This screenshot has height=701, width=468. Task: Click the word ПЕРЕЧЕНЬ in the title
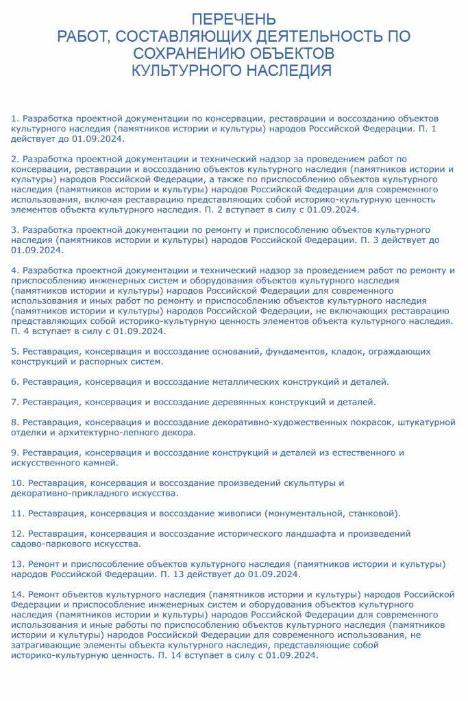coord(234,18)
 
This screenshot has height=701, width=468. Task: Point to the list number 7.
coord(15,401)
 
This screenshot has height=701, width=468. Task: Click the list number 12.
coord(18,533)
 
